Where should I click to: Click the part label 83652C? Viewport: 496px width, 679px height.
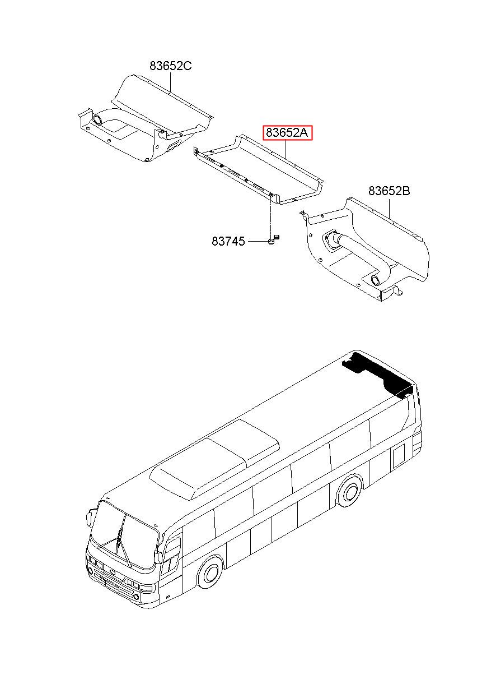(x=170, y=66)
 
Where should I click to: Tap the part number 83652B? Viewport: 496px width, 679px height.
(x=389, y=191)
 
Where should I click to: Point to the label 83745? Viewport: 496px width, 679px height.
(x=228, y=242)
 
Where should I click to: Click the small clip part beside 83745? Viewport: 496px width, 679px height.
(x=273, y=240)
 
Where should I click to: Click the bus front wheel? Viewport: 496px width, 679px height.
(x=210, y=574)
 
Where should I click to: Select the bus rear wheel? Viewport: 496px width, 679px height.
(x=350, y=491)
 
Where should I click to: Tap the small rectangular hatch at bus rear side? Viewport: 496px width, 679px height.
(x=399, y=456)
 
